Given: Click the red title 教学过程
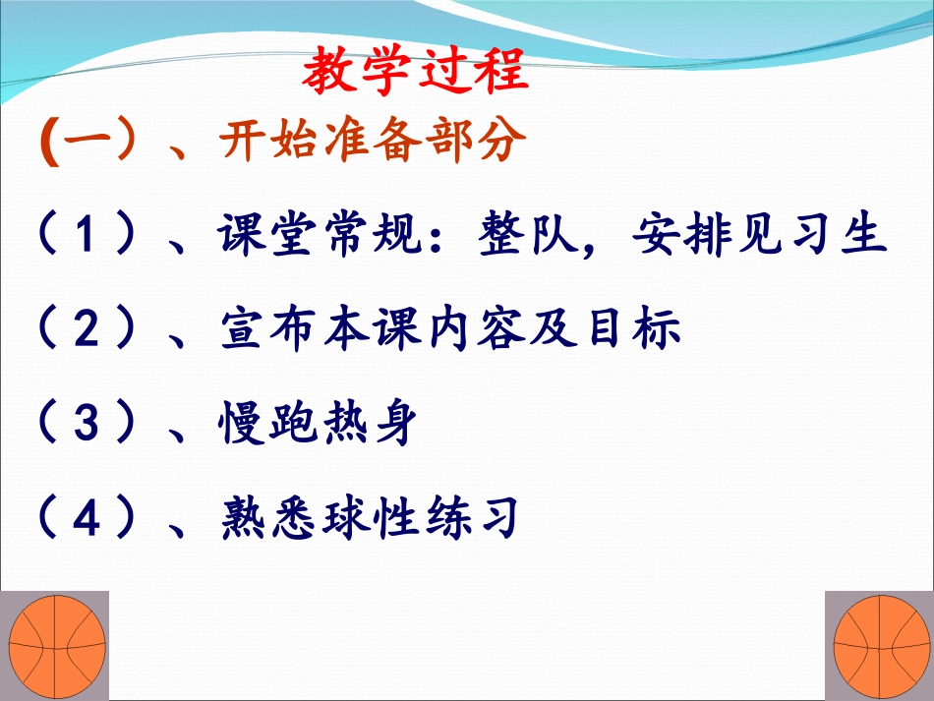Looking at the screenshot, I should click(x=415, y=70).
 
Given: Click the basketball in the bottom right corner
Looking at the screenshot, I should click(x=879, y=646).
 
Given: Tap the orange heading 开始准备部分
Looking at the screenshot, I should click(x=367, y=145).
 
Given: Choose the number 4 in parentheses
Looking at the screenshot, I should click(x=89, y=518).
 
